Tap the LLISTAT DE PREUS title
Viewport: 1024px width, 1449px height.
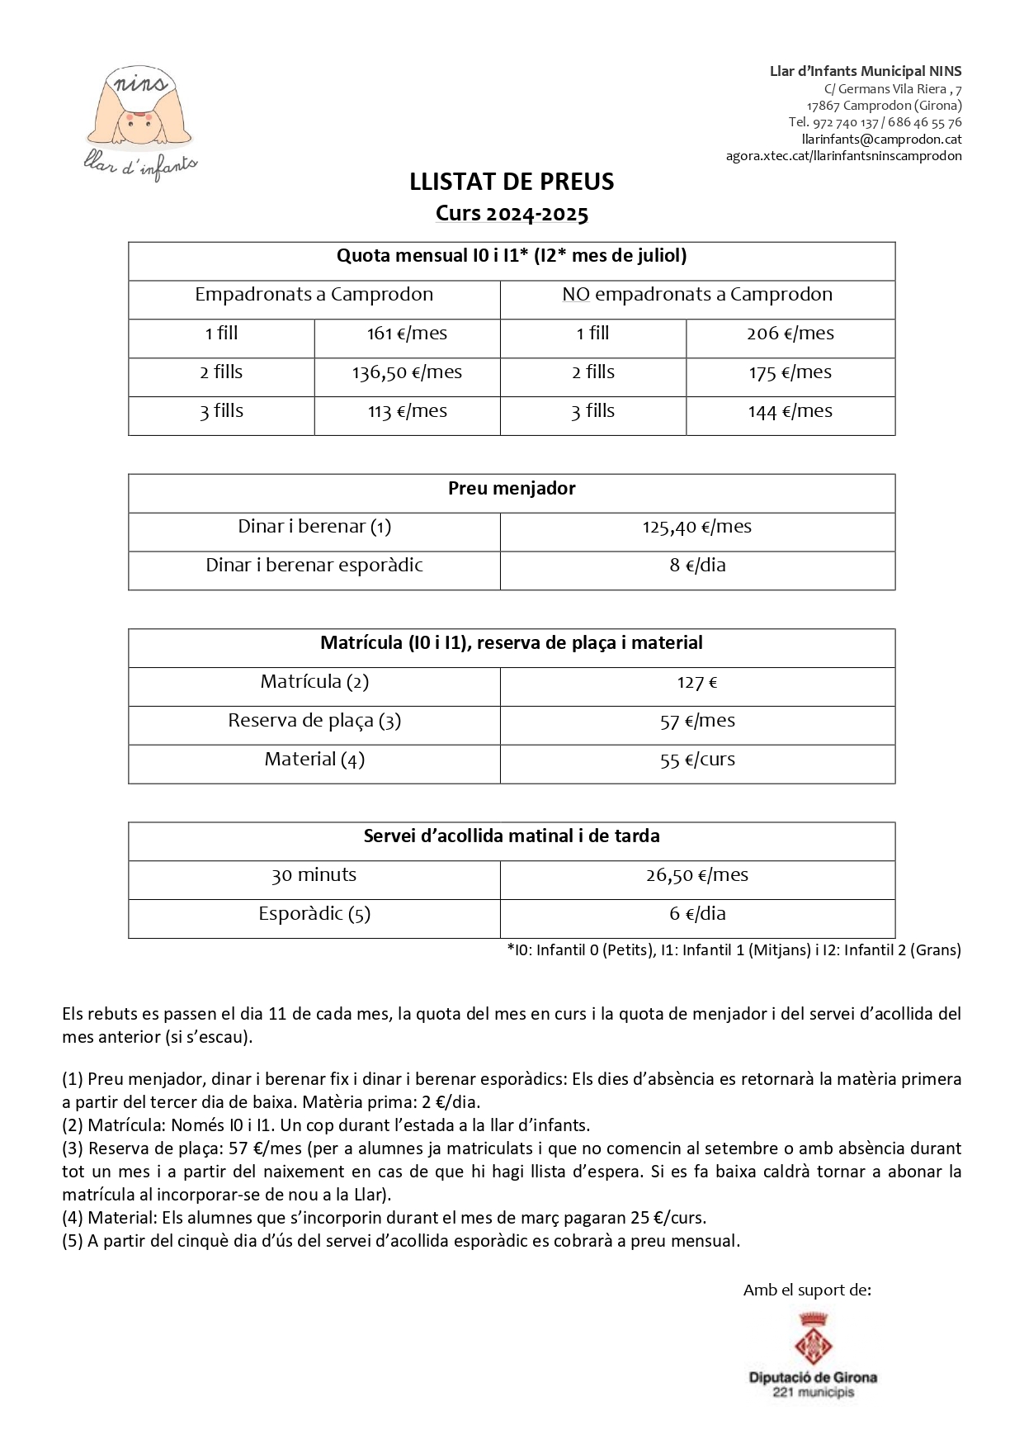(512, 182)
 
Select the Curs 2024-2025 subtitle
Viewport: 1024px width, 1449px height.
(512, 214)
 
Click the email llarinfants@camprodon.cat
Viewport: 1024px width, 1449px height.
(881, 140)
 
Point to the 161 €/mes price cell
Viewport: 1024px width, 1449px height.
(407, 334)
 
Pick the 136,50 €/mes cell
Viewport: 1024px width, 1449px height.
(407, 372)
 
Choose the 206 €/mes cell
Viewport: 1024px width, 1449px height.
(790, 334)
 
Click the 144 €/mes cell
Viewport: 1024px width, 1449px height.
(790, 411)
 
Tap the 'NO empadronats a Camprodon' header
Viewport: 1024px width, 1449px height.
(697, 295)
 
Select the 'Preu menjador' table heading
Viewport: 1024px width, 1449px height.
(512, 489)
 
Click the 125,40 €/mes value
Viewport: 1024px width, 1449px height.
(697, 527)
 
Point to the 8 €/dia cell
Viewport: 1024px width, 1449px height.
(697, 566)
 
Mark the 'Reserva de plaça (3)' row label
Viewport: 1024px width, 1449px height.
(314, 721)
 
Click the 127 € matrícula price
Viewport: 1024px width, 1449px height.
(697, 683)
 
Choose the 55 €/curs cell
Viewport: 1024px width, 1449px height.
(697, 760)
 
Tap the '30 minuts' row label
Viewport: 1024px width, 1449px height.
(314, 875)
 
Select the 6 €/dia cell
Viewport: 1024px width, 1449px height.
(697, 914)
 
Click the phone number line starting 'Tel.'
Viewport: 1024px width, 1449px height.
(875, 122)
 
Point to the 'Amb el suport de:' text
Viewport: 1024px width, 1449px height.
(807, 1290)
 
